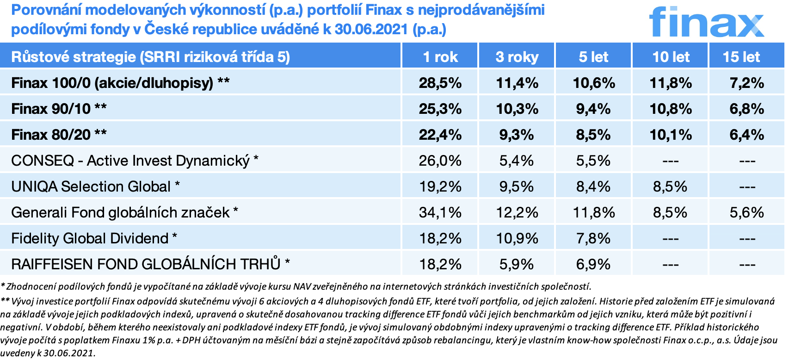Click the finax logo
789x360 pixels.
tap(706, 22)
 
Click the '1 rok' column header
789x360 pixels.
tap(440, 57)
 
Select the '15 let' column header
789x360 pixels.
tap(741, 57)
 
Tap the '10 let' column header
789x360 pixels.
tap(671, 57)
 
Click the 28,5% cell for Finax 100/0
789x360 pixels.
tap(440, 83)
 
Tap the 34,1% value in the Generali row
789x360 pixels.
tap(440, 212)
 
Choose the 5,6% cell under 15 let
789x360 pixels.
tap(746, 212)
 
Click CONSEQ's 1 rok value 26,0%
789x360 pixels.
tap(440, 161)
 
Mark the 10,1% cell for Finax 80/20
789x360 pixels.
tap(671, 135)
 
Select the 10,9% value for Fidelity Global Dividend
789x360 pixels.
tap(517, 238)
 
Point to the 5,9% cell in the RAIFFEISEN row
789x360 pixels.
tap(517, 264)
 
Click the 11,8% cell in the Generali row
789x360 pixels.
tap(593, 212)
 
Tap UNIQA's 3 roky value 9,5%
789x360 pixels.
tap(517, 186)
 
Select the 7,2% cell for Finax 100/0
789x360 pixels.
tap(746, 83)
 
